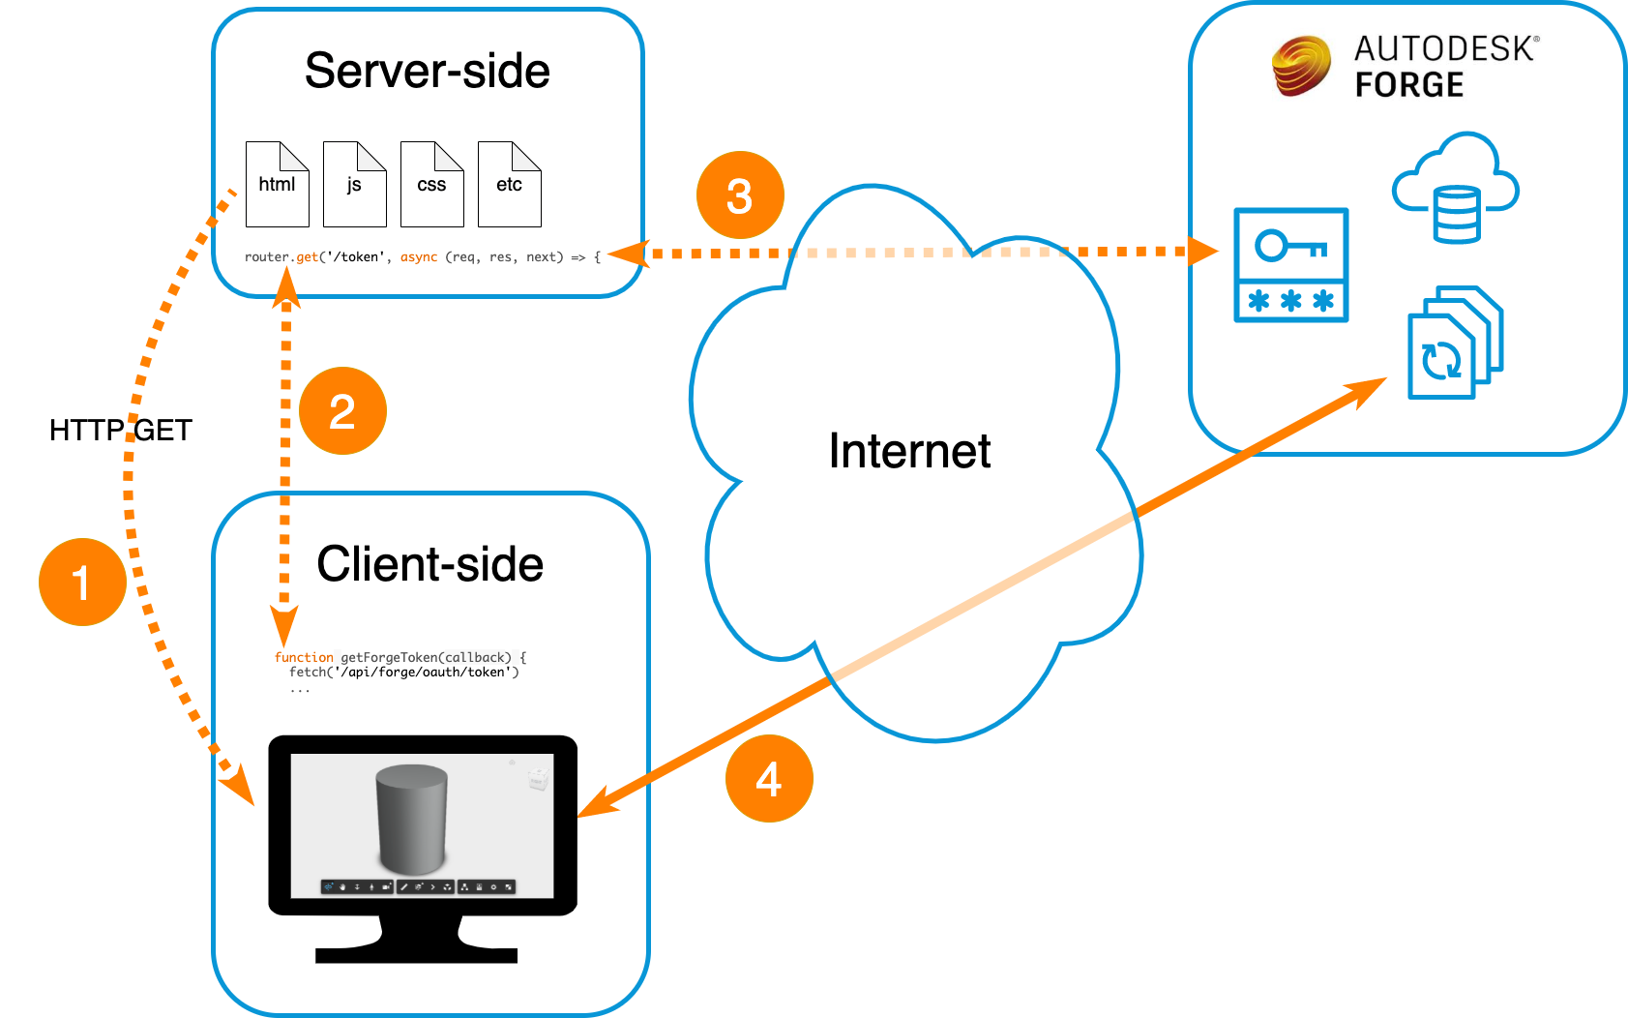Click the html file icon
point(278,184)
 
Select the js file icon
point(355,184)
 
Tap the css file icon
point(431,184)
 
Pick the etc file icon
point(510,184)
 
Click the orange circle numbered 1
point(83,582)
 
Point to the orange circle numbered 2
point(343,411)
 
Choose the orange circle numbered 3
point(740,195)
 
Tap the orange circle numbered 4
point(769,779)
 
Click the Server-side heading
point(428,71)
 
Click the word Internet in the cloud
point(909,451)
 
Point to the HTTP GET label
point(121,430)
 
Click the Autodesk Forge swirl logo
point(1302,66)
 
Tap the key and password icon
point(1291,265)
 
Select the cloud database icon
point(1456,188)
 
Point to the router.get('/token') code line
point(423,256)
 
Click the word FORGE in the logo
point(1409,84)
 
